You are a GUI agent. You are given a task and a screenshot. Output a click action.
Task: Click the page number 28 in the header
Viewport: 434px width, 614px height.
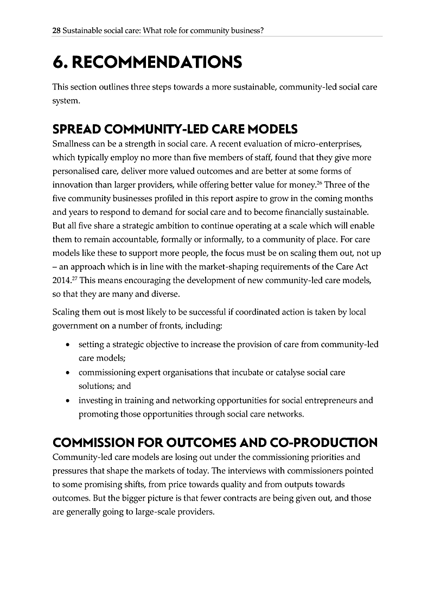click(x=56, y=31)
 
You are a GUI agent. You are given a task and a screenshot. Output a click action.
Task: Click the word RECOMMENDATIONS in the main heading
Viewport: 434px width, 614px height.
click(x=157, y=62)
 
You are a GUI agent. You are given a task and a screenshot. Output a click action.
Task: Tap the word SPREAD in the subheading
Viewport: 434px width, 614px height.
click(x=73, y=129)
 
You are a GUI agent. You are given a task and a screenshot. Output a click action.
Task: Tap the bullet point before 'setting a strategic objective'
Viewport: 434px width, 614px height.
click(x=67, y=345)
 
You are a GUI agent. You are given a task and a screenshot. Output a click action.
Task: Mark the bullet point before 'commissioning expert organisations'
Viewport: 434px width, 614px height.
click(x=67, y=373)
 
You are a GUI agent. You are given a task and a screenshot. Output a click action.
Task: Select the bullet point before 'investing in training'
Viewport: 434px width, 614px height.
click(x=67, y=401)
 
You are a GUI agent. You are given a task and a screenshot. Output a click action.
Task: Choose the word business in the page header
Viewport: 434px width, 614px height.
click(x=245, y=31)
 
